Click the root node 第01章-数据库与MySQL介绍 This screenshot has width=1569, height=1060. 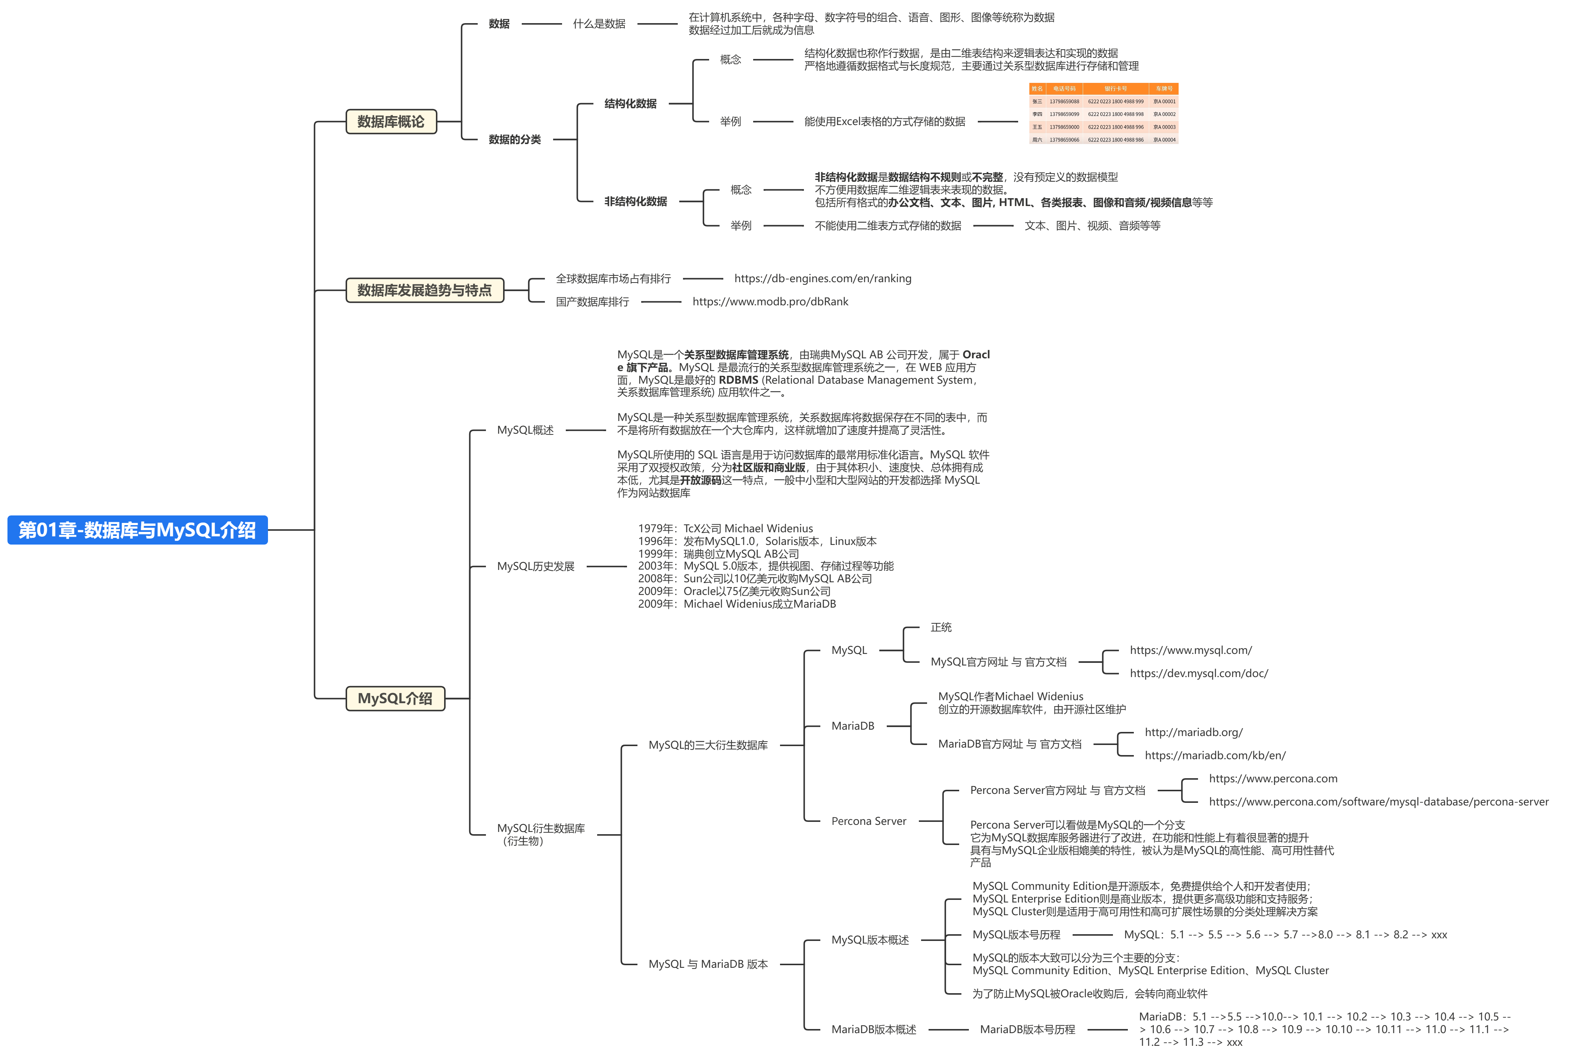137,530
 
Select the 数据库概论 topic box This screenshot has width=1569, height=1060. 391,122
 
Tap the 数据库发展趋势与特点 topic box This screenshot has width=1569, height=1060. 425,290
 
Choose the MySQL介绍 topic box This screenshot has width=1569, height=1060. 395,698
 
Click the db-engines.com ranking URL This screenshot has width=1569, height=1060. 822,278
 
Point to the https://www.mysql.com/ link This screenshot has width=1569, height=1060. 1190,650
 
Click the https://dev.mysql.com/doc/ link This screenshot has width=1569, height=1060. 1198,673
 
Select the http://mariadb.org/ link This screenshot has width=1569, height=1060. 1193,732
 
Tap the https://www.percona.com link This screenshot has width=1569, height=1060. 1273,779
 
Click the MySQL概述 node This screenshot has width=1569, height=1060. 525,430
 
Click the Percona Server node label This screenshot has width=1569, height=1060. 868,821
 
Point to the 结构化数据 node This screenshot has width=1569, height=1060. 630,103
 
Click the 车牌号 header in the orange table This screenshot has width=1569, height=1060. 1163,88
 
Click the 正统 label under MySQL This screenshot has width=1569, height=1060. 941,627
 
